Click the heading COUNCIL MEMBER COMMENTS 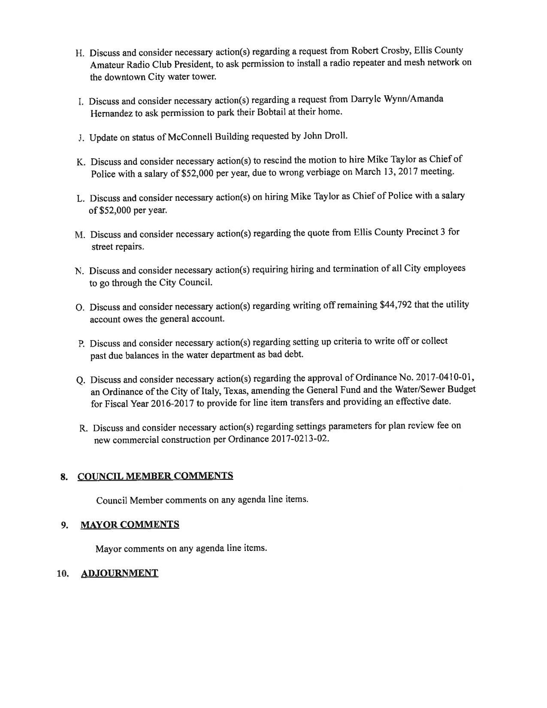155,476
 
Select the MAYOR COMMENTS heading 130,525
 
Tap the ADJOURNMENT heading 120,573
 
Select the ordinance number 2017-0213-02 300,439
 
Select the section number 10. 62,574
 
